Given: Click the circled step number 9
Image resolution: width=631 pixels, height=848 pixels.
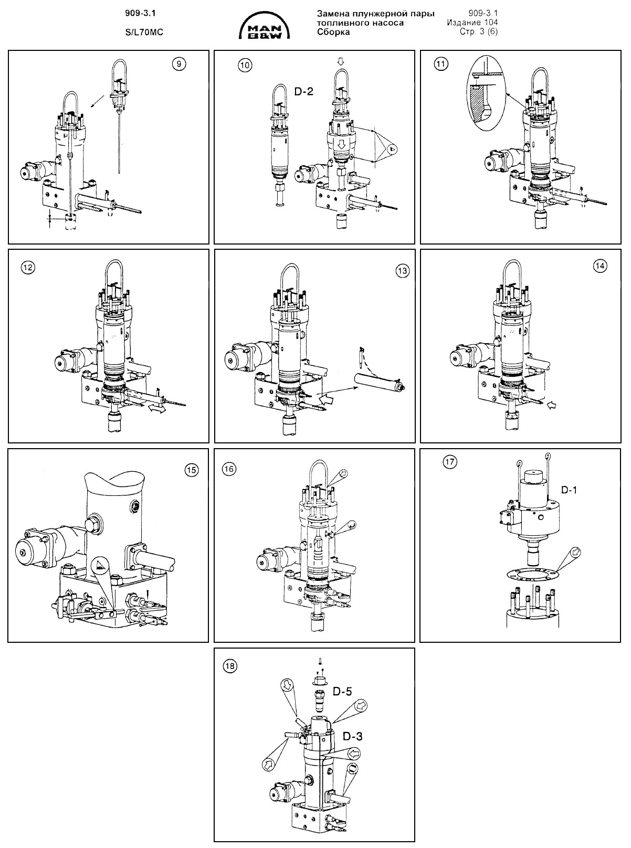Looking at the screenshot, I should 179,64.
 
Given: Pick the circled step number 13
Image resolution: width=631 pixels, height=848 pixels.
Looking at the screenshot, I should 402,271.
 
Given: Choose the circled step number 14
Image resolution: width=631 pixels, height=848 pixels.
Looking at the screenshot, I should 600,266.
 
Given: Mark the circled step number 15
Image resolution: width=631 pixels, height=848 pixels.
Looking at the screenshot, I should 192,470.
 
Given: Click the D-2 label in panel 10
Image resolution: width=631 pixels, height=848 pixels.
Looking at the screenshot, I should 303,92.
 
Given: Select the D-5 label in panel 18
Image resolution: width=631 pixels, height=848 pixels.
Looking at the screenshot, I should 342,691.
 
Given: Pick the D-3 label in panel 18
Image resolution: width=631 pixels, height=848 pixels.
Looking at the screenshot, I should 352,736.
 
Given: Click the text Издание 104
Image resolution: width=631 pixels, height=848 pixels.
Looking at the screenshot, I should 472,23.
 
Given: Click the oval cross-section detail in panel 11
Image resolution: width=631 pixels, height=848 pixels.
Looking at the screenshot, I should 486,99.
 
